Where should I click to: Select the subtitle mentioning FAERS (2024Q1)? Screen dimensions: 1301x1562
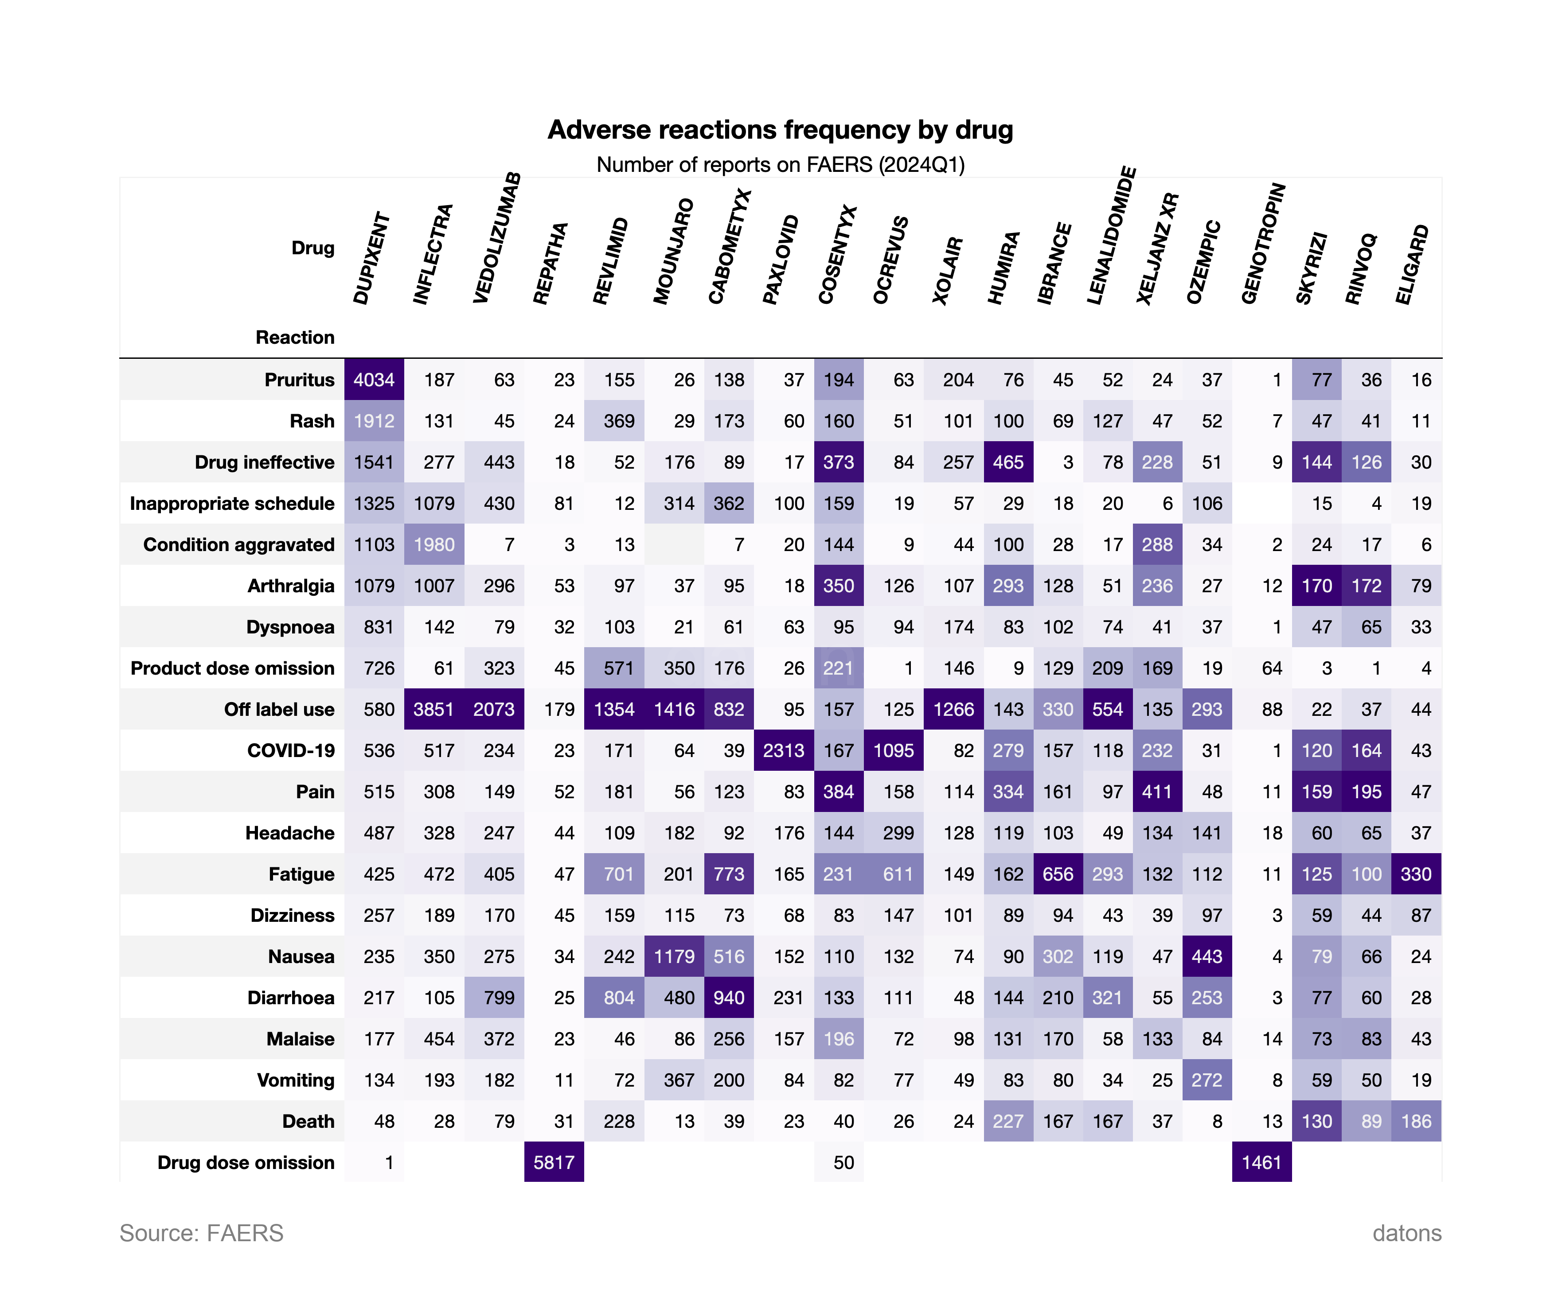(x=780, y=164)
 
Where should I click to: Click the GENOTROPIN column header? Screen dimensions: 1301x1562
(x=1262, y=244)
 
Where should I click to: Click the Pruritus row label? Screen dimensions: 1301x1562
(x=299, y=380)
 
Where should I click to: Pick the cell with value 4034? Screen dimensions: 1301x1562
(x=374, y=380)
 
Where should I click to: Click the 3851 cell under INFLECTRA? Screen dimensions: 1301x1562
(x=433, y=709)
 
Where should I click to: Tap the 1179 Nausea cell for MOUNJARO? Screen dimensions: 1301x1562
(x=674, y=957)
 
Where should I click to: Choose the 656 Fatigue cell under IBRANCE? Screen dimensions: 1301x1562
(x=1058, y=874)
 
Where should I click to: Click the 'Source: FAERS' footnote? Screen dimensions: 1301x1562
(x=202, y=1233)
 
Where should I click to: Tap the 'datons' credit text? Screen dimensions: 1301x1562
(x=1406, y=1233)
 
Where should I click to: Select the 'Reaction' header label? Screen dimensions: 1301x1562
(x=295, y=338)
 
